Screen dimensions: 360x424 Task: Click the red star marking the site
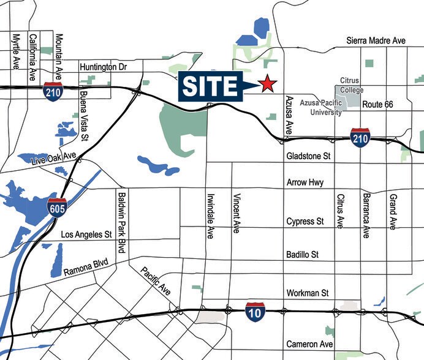pyautogui.click(x=267, y=84)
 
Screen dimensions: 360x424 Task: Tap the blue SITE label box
pyautogui.click(x=210, y=86)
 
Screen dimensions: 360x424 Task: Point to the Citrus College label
pyautogui.click(x=352, y=86)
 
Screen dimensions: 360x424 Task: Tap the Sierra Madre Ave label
pyautogui.click(x=376, y=40)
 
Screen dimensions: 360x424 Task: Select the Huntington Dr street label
pyautogui.click(x=102, y=67)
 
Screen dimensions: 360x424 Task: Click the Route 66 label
pyautogui.click(x=377, y=105)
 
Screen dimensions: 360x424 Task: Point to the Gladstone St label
pyautogui.click(x=308, y=157)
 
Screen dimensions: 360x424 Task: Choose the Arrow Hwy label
pyautogui.click(x=305, y=183)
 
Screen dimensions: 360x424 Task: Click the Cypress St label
pyautogui.click(x=305, y=222)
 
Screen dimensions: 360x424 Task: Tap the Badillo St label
pyautogui.click(x=303, y=254)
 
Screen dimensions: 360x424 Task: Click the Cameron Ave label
pyautogui.click(x=309, y=345)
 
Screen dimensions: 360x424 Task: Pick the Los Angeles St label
pyautogui.click(x=86, y=234)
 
